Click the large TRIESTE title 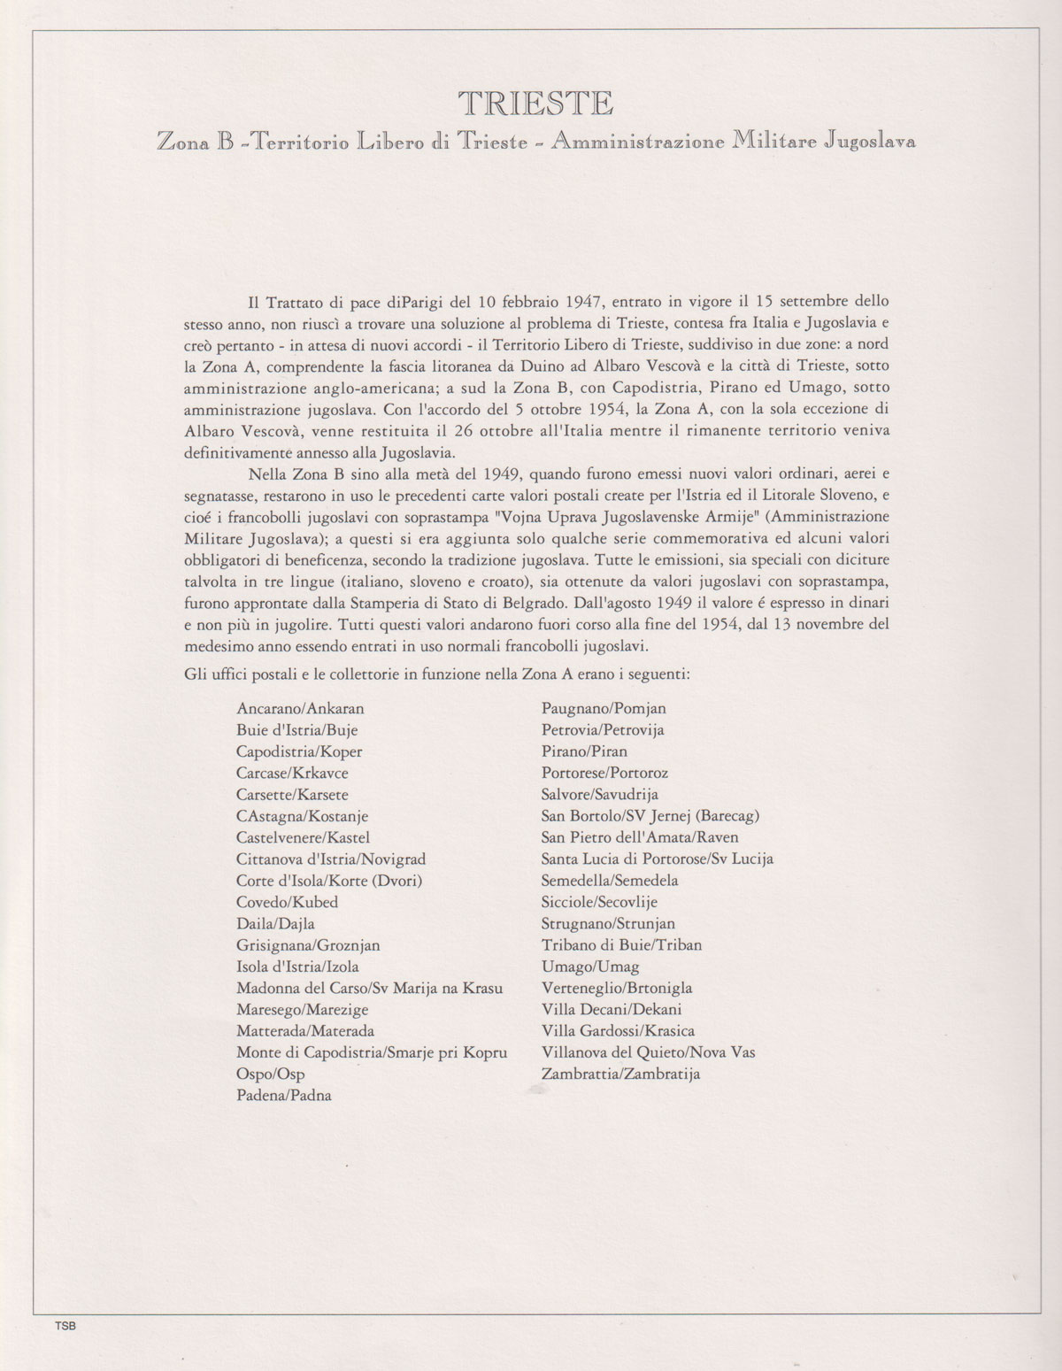pos(536,104)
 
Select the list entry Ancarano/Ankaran pos(300,708)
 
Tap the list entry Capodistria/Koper pos(299,751)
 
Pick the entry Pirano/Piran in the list pos(584,751)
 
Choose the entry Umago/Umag pos(590,967)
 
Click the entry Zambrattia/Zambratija pos(620,1074)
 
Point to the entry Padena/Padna pos(283,1095)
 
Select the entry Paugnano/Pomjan pos(604,708)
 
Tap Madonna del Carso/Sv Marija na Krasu pos(358,988)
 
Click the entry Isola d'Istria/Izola pos(297,967)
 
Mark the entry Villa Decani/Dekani pos(612,1009)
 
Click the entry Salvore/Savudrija pos(600,794)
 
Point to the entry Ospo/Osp pos(270,1074)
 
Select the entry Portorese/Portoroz pos(605,773)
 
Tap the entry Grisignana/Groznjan pos(308,945)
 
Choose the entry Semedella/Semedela pos(610,881)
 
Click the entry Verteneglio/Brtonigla pos(617,988)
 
